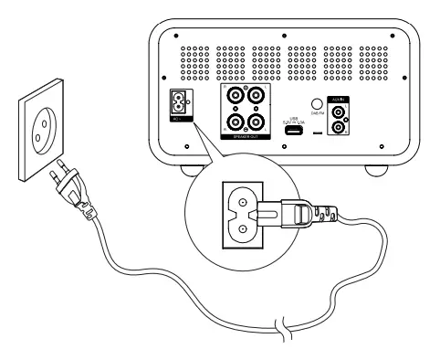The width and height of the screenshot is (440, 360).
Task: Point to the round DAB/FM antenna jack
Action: (316, 107)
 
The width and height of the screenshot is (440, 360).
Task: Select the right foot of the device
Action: (376, 170)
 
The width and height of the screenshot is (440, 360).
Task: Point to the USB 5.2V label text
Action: (295, 120)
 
